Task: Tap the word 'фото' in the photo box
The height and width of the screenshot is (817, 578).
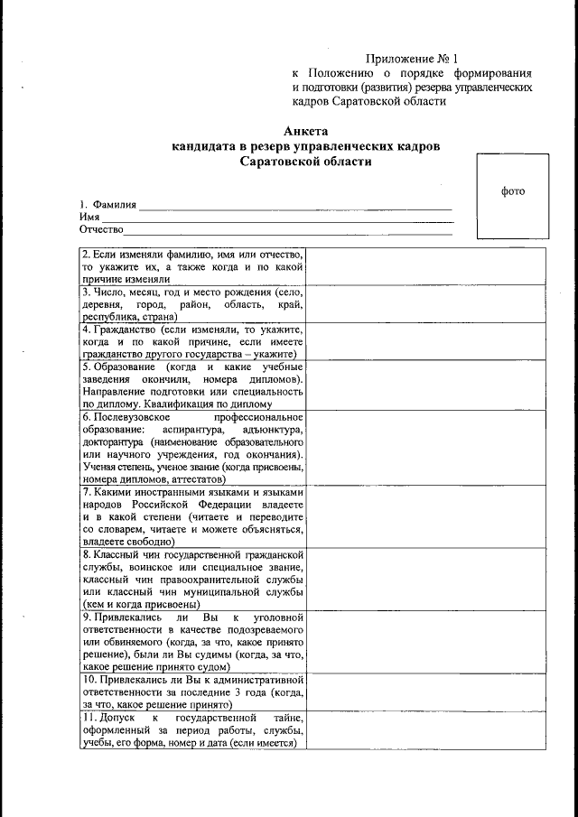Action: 512,190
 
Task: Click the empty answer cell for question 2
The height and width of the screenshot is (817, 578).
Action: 426,266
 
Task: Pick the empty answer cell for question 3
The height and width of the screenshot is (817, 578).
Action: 426,304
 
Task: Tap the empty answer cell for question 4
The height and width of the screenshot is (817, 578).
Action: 426,341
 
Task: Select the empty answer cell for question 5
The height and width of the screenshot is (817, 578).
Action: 426,385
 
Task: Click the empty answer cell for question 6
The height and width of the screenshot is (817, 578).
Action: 426,448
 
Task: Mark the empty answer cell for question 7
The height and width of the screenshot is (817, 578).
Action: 426,516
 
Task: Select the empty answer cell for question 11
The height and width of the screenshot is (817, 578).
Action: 426,729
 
